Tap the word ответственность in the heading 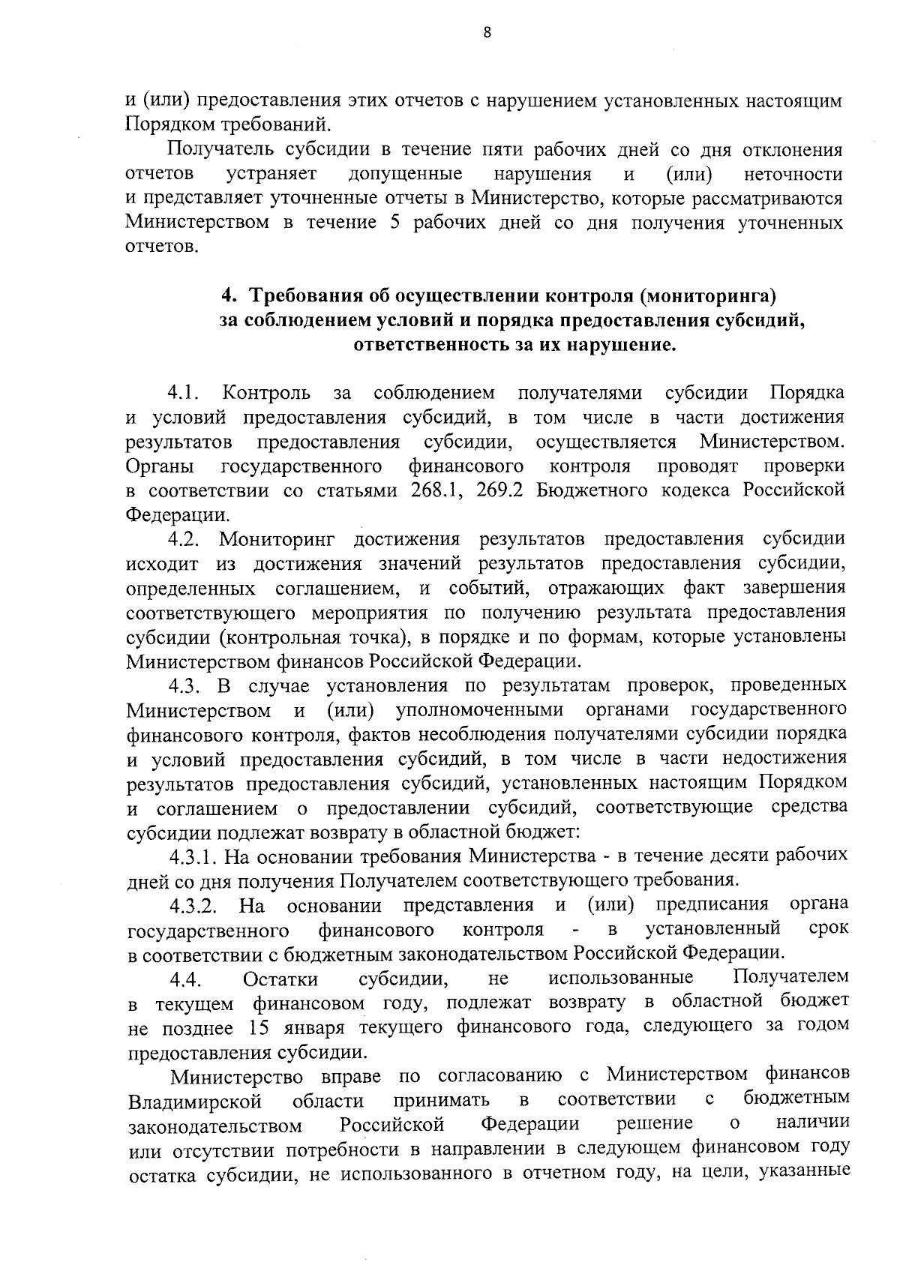[x=435, y=345]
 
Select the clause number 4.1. [x=182, y=393]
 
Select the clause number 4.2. [x=182, y=539]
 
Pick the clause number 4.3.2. [x=193, y=906]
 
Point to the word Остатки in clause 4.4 [x=280, y=979]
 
